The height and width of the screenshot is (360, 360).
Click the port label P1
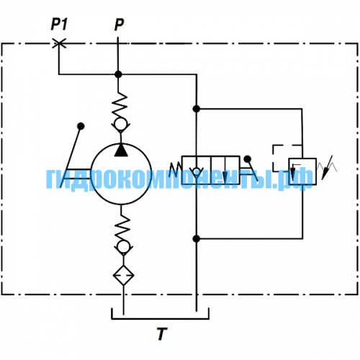click(x=59, y=24)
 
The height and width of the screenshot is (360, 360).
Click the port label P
click(x=119, y=24)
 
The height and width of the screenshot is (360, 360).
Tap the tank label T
click(x=162, y=334)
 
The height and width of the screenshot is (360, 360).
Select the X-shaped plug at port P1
click(x=59, y=44)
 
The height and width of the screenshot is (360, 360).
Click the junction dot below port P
click(x=118, y=74)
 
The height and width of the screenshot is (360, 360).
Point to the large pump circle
click(x=121, y=143)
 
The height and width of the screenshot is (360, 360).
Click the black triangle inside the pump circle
click(x=121, y=150)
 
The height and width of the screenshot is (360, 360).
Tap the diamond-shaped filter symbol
click(x=123, y=275)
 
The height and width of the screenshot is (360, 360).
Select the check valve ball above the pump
click(x=120, y=125)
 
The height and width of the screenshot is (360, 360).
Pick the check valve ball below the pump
click(x=123, y=247)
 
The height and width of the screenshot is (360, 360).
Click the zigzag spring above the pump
click(x=120, y=106)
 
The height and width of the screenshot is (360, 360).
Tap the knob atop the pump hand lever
click(x=81, y=126)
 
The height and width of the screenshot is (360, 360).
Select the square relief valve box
click(x=302, y=171)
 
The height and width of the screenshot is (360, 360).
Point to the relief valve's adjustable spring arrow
click(x=327, y=168)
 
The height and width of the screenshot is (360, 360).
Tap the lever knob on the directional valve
click(x=247, y=159)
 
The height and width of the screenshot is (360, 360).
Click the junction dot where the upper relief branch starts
click(x=197, y=109)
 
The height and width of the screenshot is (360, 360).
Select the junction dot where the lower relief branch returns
click(x=197, y=238)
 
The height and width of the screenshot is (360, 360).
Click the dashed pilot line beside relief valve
click(x=273, y=158)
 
